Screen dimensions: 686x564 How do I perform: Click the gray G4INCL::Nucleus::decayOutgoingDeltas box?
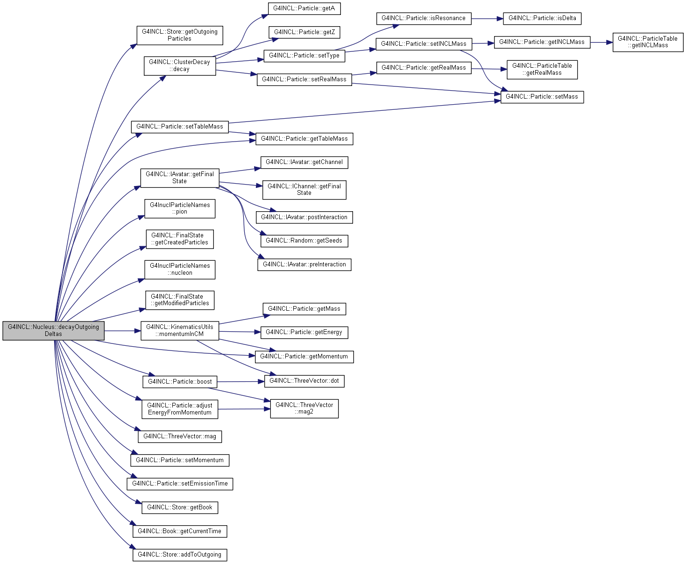tap(53, 331)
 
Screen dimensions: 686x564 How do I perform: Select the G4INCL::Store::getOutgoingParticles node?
tap(179, 35)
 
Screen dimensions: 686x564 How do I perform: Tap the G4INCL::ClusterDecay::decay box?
tap(179, 66)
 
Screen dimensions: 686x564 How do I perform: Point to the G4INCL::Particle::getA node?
tap(304, 8)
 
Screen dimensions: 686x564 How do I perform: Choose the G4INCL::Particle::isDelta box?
tap(542, 19)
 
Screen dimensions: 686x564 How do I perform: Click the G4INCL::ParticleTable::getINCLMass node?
tap(648, 42)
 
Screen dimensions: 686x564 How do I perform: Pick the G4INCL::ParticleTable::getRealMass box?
tap(542, 69)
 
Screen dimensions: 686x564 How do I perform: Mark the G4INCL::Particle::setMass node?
tap(542, 97)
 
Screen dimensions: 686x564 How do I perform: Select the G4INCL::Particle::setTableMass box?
tap(179, 127)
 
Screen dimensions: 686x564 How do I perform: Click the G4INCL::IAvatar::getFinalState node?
tap(179, 178)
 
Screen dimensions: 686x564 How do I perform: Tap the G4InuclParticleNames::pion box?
tap(179, 208)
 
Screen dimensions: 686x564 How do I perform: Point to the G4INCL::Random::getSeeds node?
tap(304, 241)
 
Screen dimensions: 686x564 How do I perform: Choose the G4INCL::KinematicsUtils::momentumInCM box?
tap(179, 331)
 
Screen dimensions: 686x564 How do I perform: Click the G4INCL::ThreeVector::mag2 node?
tap(304, 408)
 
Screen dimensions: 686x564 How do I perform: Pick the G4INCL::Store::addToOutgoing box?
tap(179, 555)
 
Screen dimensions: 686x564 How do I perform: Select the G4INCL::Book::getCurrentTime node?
tap(179, 531)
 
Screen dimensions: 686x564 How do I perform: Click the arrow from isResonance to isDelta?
tap(487, 19)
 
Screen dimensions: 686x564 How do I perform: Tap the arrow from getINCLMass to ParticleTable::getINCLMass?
tap(601, 43)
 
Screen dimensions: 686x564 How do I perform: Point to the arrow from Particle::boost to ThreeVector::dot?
tap(240, 381)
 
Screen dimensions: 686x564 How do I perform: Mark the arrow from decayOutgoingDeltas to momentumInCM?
tap(123, 331)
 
